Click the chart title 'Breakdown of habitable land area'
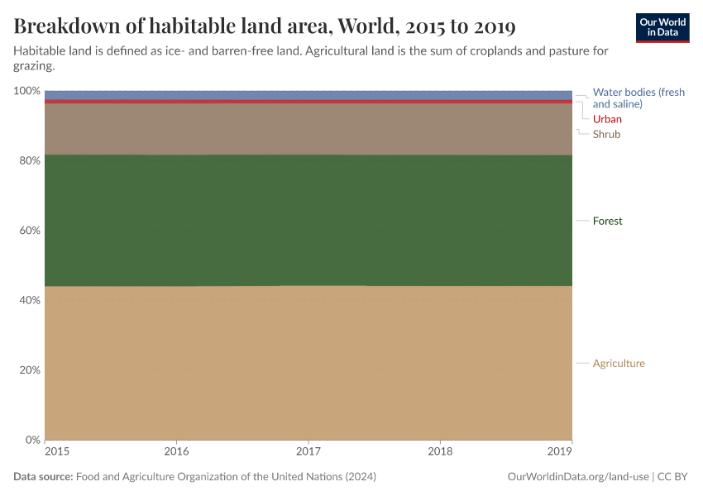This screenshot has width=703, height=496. (265, 26)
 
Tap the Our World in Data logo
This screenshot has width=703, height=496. (662, 27)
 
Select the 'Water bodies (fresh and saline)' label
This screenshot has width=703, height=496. (638, 98)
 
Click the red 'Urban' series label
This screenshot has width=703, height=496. (607, 119)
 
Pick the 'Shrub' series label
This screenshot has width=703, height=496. (606, 134)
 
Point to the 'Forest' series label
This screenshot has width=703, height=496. (607, 221)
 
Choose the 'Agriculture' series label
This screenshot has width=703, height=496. (619, 363)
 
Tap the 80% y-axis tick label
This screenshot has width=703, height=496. (29, 160)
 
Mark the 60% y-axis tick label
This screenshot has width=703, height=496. (29, 230)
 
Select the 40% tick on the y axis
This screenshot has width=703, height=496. (29, 300)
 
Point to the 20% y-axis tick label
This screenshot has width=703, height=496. (29, 370)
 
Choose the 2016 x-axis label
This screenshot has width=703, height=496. (176, 452)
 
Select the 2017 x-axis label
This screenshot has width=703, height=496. (308, 452)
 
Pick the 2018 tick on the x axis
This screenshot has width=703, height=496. (440, 452)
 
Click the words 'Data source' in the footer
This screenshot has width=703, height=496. (43, 477)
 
